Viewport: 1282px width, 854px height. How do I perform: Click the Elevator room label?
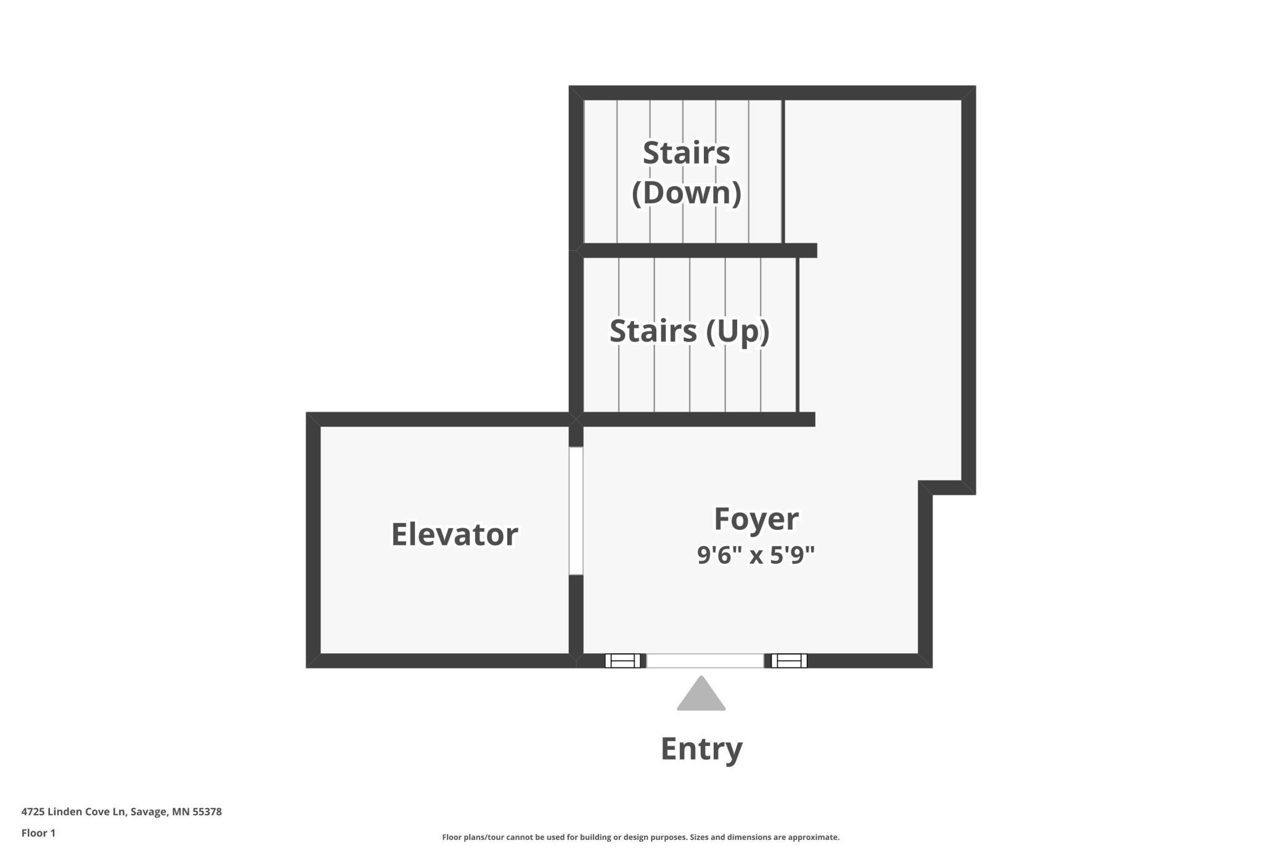click(x=454, y=534)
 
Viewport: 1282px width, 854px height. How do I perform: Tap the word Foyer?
click(x=756, y=519)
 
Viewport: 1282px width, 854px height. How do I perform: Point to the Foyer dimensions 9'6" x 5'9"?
click(x=756, y=555)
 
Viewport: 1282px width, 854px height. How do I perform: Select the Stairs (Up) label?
click(x=690, y=331)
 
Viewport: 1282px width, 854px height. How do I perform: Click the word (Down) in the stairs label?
click(x=687, y=192)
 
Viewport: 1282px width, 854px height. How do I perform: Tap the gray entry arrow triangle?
click(x=701, y=694)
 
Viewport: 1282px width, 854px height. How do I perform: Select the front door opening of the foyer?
click(x=705, y=661)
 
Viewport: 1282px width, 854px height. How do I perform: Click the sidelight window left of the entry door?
click(x=623, y=661)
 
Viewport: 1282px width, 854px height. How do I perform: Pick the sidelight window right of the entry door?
click(x=790, y=661)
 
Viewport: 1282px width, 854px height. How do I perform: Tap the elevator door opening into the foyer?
click(x=576, y=511)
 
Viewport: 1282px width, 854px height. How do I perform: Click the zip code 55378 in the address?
click(x=207, y=811)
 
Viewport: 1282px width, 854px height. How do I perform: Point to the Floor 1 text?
click(x=38, y=833)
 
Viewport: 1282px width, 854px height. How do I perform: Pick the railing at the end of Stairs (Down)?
click(x=783, y=171)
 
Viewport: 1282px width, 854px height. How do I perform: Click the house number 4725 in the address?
click(x=33, y=811)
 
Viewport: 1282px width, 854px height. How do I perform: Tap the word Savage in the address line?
click(x=149, y=812)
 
